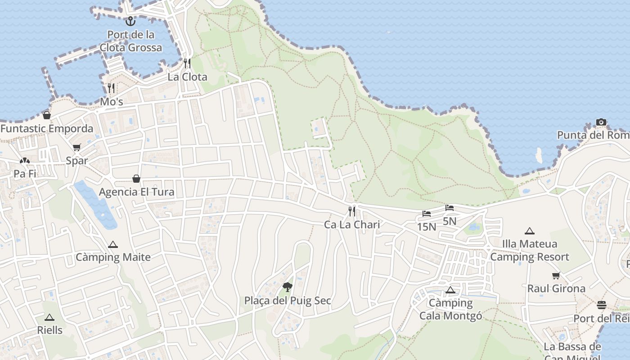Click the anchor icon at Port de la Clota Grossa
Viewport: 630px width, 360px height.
click(x=130, y=21)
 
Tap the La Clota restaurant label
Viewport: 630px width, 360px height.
click(x=187, y=77)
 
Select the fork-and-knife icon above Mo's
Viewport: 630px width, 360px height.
click(x=111, y=87)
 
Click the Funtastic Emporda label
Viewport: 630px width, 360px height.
click(x=47, y=129)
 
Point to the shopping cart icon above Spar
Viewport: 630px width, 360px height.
click(x=77, y=148)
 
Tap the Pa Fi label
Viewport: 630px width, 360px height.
click(x=25, y=174)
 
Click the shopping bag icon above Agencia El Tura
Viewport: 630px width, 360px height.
click(x=136, y=179)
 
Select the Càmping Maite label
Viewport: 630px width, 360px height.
click(x=113, y=257)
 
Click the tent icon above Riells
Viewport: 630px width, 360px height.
click(x=49, y=317)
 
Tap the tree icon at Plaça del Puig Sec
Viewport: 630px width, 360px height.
click(x=287, y=287)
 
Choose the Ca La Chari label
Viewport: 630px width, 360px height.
click(x=352, y=225)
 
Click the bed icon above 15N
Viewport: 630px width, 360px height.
click(x=427, y=214)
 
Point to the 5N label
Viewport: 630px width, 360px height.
click(x=450, y=221)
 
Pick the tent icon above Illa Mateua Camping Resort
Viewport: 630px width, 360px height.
click(x=530, y=231)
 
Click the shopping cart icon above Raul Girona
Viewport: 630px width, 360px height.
click(x=556, y=275)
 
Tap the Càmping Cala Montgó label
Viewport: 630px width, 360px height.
click(x=450, y=309)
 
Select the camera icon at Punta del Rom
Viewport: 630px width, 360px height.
click(x=601, y=122)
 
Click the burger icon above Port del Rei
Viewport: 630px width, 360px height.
click(x=602, y=305)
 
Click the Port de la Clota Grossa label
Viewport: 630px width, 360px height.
click(x=131, y=41)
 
